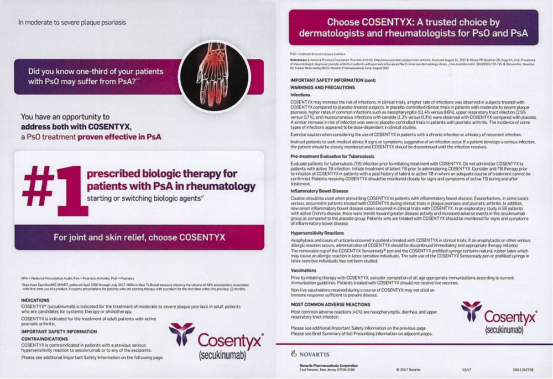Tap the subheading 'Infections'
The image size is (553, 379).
point(301,95)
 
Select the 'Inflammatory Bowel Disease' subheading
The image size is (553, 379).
point(320,190)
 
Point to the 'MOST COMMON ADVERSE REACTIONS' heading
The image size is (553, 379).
point(331,304)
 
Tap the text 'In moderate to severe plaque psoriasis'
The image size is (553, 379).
point(72,23)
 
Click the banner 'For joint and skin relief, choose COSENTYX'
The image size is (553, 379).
point(139,237)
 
